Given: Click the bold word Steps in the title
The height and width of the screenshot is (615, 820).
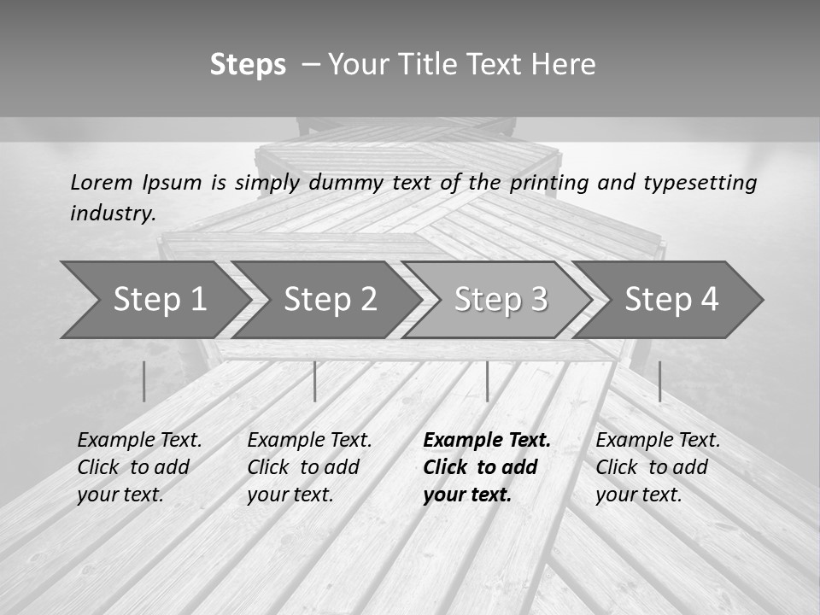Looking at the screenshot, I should (x=248, y=65).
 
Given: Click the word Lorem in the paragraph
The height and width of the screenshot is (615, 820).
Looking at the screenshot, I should (x=102, y=182).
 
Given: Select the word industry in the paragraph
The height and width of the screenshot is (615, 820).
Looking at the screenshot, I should (x=112, y=214).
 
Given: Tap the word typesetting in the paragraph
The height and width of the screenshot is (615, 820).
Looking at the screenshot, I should (x=700, y=183).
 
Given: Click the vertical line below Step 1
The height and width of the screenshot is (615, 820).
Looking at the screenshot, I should (x=144, y=381).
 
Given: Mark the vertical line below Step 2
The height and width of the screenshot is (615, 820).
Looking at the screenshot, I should (x=315, y=381).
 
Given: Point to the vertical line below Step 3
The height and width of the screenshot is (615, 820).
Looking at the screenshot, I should (x=487, y=381).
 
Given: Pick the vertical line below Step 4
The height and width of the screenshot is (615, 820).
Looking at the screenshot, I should (x=659, y=381).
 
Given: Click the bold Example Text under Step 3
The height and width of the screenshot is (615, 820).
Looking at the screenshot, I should (x=487, y=441).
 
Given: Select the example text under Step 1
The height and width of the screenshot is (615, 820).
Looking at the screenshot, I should (x=139, y=466).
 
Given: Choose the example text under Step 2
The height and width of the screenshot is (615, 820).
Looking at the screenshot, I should (x=309, y=466).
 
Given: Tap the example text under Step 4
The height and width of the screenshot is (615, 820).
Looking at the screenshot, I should (x=658, y=466).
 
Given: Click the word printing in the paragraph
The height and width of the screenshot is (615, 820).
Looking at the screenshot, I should (x=549, y=183).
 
